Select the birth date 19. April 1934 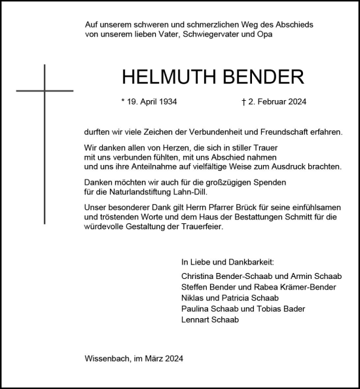pos(149,102)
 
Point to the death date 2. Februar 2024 pos(274,102)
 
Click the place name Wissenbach pos(107,359)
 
